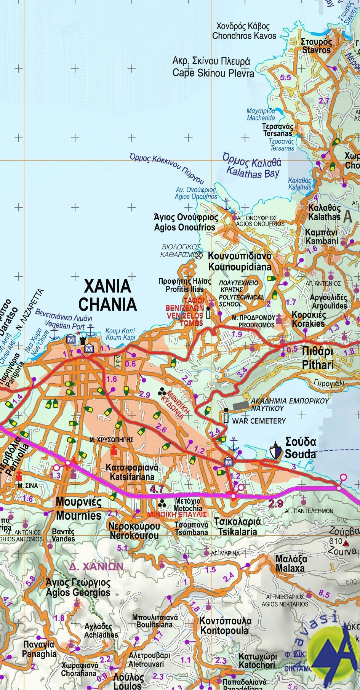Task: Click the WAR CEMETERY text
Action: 259,421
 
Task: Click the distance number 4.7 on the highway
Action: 157,489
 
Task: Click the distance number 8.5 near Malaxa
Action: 325,593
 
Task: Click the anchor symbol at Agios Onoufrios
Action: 227,205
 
